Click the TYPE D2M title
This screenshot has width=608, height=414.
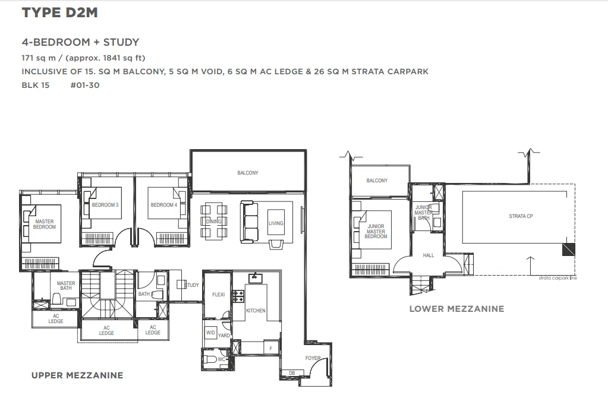[x=59, y=12]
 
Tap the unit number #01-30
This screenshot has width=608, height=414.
[x=85, y=86]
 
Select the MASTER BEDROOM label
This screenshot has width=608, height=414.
[x=45, y=224]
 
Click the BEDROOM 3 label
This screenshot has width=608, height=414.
[x=105, y=205]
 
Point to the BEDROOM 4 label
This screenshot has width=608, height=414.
[x=163, y=205]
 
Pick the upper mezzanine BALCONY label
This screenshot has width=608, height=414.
[x=248, y=173]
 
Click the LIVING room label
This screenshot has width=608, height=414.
[x=276, y=223]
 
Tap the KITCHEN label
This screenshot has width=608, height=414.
[x=256, y=311]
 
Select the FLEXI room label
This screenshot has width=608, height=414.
[x=218, y=295]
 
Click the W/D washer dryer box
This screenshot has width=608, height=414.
[x=210, y=333]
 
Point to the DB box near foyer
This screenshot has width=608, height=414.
[x=292, y=373]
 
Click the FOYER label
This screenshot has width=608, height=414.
[x=313, y=358]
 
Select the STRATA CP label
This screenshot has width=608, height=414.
[x=521, y=216]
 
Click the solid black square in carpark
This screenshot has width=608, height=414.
[x=568, y=249]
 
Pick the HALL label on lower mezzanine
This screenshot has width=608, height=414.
[x=429, y=255]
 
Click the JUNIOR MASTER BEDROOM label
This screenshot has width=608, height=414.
[x=376, y=232]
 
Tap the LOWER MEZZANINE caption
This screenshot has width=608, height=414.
[x=457, y=309]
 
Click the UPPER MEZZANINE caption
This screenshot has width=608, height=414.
[x=77, y=375]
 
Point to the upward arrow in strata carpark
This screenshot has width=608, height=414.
[x=530, y=266]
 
